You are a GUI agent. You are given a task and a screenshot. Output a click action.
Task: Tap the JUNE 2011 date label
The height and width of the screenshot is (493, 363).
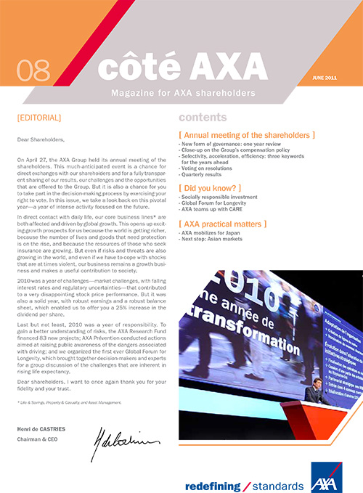[x=325, y=77]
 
